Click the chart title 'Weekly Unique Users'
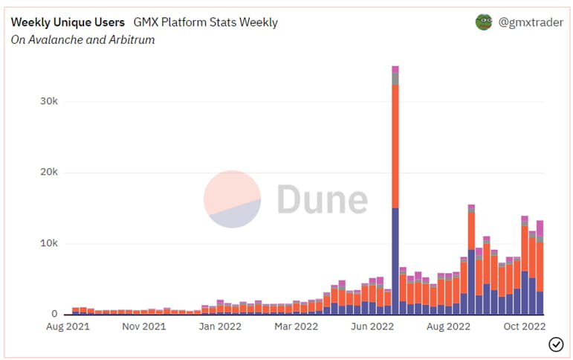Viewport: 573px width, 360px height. click(x=68, y=22)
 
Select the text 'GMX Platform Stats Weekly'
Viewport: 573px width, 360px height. click(x=205, y=22)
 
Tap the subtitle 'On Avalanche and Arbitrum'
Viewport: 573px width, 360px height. click(x=82, y=39)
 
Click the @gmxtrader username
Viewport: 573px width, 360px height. click(x=530, y=22)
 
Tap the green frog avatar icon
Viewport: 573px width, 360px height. click(x=484, y=22)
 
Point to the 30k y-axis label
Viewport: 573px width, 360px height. click(x=49, y=101)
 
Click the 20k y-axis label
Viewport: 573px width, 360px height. click(x=49, y=173)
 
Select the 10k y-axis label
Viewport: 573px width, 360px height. click(x=49, y=243)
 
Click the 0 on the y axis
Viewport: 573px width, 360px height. click(x=54, y=314)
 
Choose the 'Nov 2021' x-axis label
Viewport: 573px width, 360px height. click(x=144, y=326)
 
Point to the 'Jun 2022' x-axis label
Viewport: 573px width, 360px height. click(x=372, y=326)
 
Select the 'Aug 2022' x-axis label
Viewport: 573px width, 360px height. click(x=449, y=326)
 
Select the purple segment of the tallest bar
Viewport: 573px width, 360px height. click(x=395, y=260)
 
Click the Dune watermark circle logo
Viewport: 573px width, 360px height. click(x=233, y=199)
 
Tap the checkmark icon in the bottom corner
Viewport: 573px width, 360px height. click(x=555, y=343)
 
